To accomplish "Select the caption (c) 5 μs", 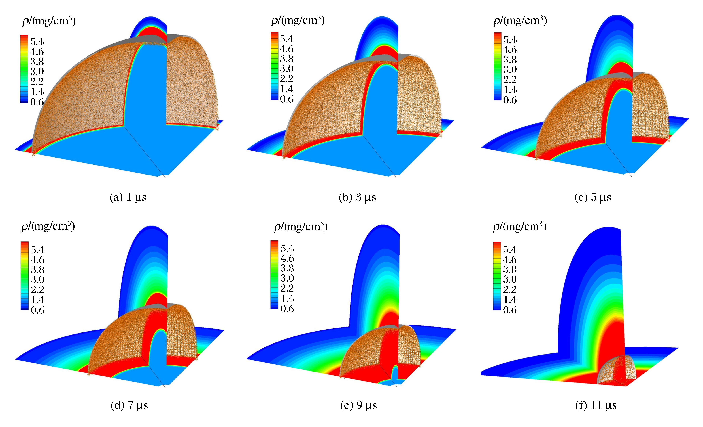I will (x=593, y=197).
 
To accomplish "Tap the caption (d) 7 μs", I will (x=129, y=405).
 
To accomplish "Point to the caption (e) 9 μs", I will (x=358, y=405).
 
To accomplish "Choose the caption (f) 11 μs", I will (x=596, y=405).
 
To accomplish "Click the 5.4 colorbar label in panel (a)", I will (x=37, y=42).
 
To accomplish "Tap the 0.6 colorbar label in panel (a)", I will (x=37, y=102).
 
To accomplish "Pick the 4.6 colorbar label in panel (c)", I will (x=510, y=50).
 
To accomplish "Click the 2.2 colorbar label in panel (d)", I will (x=37, y=289).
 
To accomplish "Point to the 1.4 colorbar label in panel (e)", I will (x=287, y=298).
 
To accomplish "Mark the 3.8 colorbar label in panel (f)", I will (x=510, y=269).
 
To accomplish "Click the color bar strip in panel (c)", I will (x=497, y=66).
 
